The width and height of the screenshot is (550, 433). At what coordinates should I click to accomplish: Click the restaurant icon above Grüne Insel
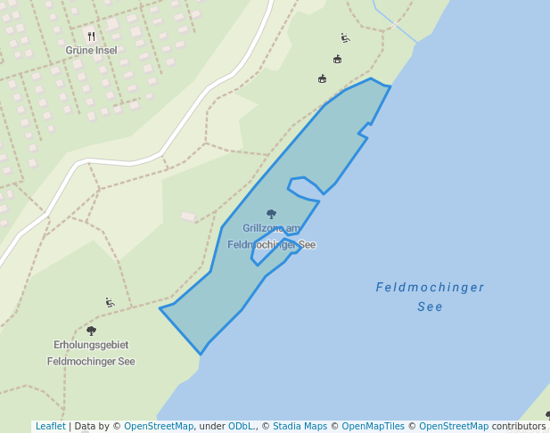point(91,37)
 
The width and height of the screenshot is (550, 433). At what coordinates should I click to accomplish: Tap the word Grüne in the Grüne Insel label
point(78,51)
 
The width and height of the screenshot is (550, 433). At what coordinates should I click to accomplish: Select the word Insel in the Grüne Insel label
point(106,51)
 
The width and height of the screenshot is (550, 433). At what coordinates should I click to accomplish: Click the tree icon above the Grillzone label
point(271,214)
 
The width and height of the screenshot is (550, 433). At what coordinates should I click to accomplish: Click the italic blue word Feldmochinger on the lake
point(430,288)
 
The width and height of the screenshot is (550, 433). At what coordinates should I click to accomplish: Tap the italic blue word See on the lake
point(430,307)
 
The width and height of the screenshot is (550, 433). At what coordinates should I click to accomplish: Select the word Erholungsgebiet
point(91,345)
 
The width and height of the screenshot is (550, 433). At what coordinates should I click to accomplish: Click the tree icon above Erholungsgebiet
point(91,331)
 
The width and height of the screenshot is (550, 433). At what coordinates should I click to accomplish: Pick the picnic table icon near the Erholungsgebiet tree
point(110,303)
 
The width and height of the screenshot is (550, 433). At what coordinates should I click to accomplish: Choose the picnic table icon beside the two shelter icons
point(345,38)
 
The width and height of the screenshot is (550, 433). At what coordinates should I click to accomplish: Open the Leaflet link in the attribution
point(50,427)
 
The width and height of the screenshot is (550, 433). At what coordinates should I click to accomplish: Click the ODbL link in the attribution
point(241,427)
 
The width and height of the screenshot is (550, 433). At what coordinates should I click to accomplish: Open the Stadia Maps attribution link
point(300,427)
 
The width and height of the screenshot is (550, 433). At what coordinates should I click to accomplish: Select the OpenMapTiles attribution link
point(374,427)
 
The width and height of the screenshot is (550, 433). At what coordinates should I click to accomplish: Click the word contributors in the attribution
point(518,427)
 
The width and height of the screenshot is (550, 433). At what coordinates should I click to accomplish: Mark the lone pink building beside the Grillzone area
point(188,216)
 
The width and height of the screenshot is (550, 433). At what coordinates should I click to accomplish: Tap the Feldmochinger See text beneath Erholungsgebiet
point(91,362)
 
